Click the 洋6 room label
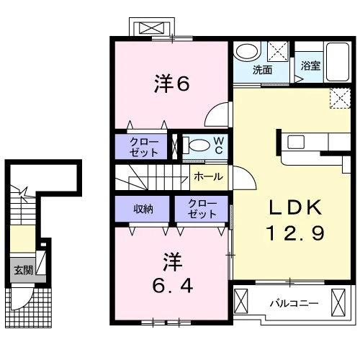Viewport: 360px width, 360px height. coord(172,84)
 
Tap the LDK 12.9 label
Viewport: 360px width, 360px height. coord(295,220)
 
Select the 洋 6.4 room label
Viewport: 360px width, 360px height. coord(173,273)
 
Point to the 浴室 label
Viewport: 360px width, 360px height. coord(311,66)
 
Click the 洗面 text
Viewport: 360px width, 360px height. coord(262,70)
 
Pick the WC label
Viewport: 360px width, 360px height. coord(218,145)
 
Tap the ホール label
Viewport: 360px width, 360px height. coord(208,177)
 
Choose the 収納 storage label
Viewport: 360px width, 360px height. coord(143,209)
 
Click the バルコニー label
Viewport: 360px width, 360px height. coord(294,303)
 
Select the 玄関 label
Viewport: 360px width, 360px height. coord(23,270)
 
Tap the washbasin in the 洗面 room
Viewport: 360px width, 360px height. coord(247,51)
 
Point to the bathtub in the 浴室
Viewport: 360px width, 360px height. coord(338,62)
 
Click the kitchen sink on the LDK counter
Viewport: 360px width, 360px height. coord(296,142)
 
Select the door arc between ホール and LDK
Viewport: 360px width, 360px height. coord(248,175)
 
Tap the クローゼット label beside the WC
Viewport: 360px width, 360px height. coord(143,147)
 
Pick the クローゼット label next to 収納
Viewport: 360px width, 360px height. coord(202,209)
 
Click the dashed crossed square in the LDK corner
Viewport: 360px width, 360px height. coord(340,98)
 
